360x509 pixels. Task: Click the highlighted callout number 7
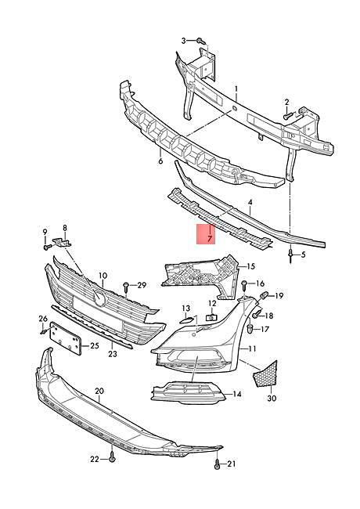click(210, 239)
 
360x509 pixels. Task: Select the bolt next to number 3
click(201, 41)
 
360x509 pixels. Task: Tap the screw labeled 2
click(288, 115)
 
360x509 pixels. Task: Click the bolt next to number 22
click(112, 458)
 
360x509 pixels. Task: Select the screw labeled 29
click(126, 287)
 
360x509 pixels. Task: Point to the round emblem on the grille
click(99, 298)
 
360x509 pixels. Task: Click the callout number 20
click(99, 391)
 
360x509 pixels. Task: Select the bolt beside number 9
click(47, 247)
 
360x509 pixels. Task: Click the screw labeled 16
click(245, 285)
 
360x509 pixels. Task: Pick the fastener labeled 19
click(264, 296)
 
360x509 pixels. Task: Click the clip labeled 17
click(251, 328)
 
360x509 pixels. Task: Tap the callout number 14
click(237, 394)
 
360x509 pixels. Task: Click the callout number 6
click(160, 161)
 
